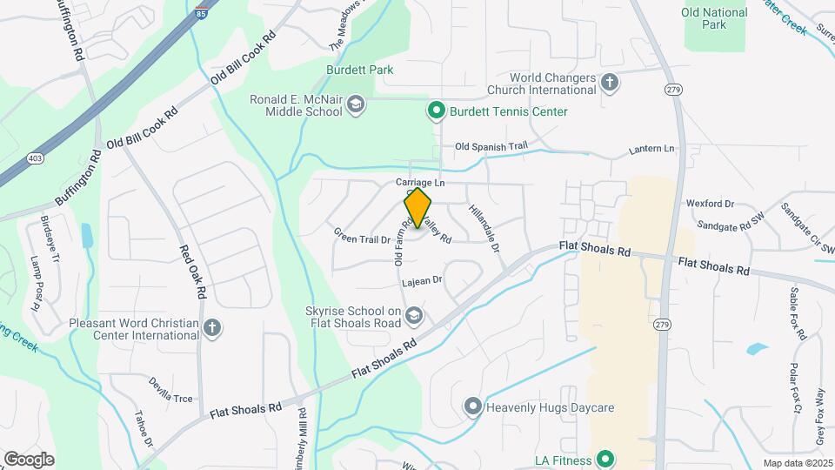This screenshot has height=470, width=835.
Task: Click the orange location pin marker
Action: coord(418,207)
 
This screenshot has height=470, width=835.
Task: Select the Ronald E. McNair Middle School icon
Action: coord(355,105)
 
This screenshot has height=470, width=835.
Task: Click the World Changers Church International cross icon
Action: coord(610,83)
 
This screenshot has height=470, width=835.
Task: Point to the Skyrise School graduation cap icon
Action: coord(414,315)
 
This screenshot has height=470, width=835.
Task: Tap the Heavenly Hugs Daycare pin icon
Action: coord(472,406)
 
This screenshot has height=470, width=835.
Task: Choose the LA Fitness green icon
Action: coord(606,460)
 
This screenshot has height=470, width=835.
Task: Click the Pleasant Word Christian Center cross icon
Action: coord(212,328)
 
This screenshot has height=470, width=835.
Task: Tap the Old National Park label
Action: coord(715,18)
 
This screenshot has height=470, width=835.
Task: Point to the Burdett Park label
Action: coord(360,70)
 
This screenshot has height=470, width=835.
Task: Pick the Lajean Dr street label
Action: coord(423,281)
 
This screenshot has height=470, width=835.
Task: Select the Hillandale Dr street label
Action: coord(484,229)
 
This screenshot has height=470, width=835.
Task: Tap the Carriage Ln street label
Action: coord(420,183)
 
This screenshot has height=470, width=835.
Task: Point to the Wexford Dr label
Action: coord(711,204)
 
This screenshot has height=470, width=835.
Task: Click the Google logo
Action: coord(29,459)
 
